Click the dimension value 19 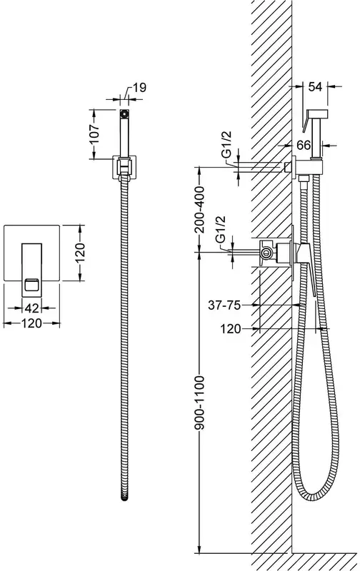(139, 87)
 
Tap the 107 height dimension (94, 134)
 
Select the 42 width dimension (31, 308)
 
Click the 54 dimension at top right (315, 86)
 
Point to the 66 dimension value (304, 145)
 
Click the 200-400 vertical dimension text (199, 209)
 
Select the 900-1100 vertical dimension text (199, 403)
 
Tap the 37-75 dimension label (224, 305)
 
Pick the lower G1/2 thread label (221, 229)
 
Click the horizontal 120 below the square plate (31, 323)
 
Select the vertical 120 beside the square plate (80, 253)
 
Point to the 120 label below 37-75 (231, 329)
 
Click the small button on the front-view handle (31, 284)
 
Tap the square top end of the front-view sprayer (124, 113)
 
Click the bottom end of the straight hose (124, 497)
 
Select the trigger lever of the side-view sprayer (305, 122)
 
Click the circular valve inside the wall (267, 253)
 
